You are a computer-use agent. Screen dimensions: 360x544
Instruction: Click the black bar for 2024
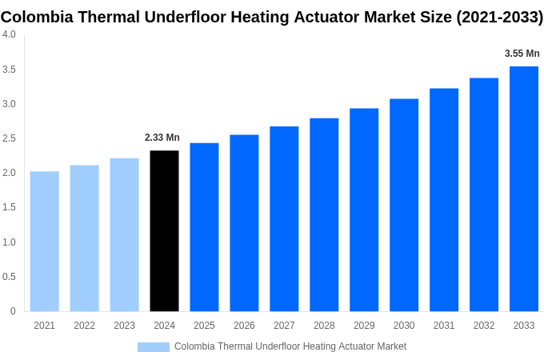(164, 231)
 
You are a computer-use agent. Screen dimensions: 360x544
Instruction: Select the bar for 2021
(45, 242)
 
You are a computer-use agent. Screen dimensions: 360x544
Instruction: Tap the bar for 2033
(524, 189)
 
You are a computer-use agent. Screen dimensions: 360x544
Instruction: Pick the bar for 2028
(324, 215)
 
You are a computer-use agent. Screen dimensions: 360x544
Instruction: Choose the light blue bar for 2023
(124, 235)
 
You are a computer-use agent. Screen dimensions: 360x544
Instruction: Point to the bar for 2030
(404, 206)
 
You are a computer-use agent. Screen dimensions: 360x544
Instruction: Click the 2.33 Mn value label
(162, 138)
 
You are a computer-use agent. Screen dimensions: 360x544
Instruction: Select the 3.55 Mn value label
(522, 54)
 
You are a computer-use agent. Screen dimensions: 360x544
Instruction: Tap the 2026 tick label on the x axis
(244, 326)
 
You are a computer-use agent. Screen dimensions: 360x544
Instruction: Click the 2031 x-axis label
(444, 326)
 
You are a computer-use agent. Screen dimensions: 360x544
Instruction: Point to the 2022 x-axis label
(84, 326)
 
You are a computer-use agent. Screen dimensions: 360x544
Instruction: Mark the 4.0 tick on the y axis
(9, 34)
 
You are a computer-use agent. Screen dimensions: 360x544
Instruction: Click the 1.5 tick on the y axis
(9, 207)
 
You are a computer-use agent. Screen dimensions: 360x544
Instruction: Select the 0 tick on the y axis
(13, 311)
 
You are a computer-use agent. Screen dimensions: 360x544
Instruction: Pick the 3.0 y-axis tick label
(9, 104)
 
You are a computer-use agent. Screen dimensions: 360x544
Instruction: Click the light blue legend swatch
(153, 346)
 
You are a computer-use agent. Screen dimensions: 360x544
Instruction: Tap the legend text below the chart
(290, 346)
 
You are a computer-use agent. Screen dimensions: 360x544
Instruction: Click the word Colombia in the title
(37, 17)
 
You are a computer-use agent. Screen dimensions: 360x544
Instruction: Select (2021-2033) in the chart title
(499, 17)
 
